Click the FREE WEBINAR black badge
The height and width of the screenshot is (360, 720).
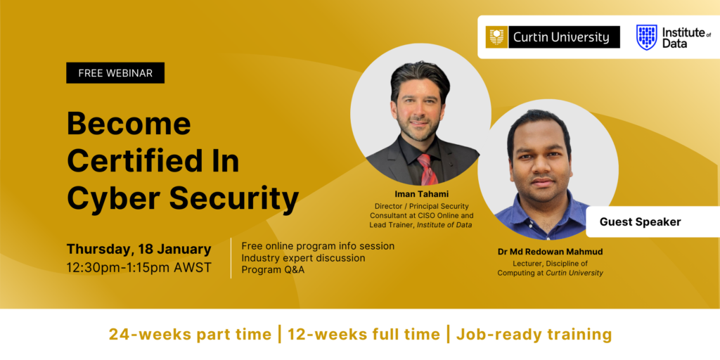115,73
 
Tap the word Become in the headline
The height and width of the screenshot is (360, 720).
129,124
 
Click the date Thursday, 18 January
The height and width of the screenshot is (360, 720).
139,249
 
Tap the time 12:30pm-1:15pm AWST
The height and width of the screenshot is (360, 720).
139,268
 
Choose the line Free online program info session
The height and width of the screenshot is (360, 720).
318,246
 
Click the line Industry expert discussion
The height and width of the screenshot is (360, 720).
303,258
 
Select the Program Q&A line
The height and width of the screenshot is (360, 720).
273,270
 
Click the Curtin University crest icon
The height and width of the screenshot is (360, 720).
496,37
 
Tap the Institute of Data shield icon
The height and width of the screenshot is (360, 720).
646,37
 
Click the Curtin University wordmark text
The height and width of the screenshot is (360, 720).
561,37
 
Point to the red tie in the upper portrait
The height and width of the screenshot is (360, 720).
427,169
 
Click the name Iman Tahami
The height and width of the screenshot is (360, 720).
421,193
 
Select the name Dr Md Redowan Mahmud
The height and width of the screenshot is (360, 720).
550,252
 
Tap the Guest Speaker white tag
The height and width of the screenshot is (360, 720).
640,222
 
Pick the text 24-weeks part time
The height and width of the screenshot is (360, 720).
190,334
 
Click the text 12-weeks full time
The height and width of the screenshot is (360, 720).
363,334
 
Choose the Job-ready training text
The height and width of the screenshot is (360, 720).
534,334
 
